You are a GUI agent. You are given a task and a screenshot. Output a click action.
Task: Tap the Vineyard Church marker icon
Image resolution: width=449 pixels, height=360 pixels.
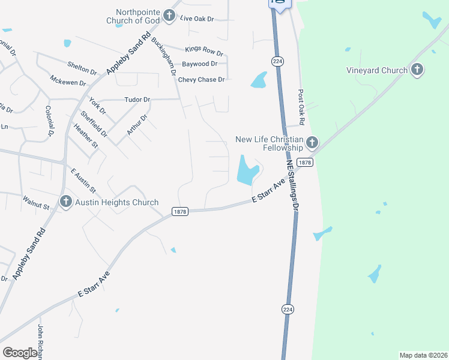pos(417,70)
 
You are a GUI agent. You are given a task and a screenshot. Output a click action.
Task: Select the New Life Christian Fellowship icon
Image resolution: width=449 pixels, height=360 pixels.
pos(312,143)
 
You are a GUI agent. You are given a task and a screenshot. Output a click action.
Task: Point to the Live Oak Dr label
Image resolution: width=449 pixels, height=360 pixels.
pos(197,19)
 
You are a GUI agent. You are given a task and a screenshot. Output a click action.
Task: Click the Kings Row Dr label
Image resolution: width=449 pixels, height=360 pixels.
pos(204,49)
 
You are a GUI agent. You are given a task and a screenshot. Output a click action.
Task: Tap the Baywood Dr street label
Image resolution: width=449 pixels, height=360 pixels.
pos(199,64)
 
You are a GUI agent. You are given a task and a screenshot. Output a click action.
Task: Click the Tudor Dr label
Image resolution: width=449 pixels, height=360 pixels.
pos(137,100)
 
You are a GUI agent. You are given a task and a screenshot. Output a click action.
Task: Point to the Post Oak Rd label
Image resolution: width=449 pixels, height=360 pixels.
pos(301,109)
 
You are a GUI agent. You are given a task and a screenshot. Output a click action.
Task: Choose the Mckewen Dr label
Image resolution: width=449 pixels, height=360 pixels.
pos(68,81)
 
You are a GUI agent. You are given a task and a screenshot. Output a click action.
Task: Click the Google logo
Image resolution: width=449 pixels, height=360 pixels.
pos(20,353)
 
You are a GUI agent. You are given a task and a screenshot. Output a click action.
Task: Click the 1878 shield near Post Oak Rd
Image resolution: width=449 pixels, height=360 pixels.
pos(305,163)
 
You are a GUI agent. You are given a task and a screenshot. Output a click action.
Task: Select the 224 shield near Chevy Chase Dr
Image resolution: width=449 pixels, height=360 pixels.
pos(277,61)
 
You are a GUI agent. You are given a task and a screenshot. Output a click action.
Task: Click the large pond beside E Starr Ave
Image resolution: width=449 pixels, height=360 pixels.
pos(247,170)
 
